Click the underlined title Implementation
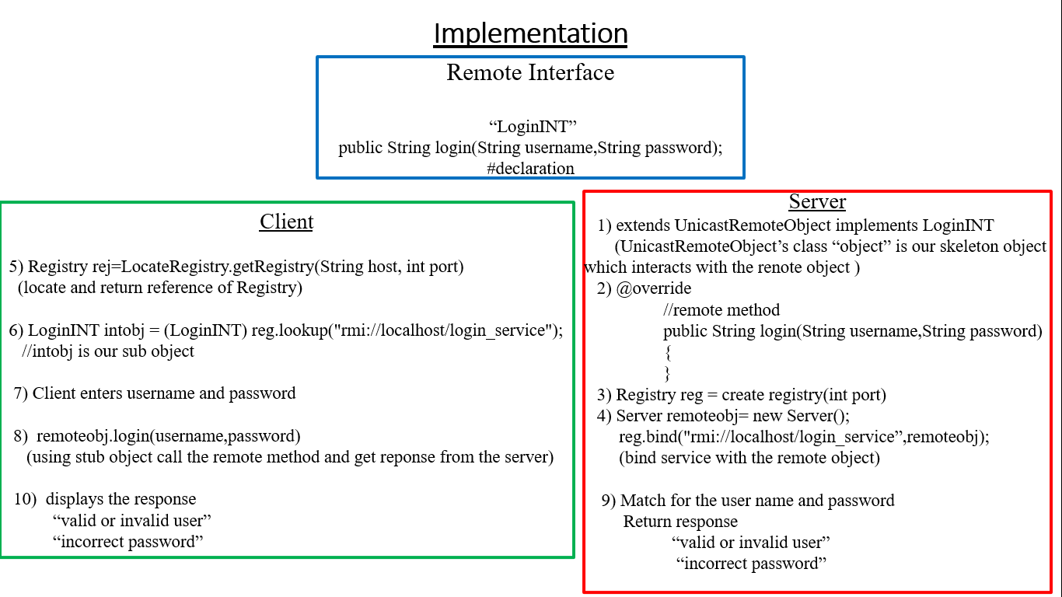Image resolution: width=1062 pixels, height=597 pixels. [x=530, y=33]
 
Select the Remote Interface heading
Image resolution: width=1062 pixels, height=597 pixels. [x=530, y=73]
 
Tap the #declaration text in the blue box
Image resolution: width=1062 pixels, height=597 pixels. [x=530, y=169]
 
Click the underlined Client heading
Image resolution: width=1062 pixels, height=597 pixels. [x=286, y=222]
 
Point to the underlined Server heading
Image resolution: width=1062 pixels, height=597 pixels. [x=817, y=202]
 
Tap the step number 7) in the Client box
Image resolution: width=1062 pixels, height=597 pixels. [x=21, y=393]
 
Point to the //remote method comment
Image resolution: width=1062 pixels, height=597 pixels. [x=721, y=309]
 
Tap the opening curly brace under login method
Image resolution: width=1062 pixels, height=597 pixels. [x=667, y=352]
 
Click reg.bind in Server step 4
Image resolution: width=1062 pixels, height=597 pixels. [x=648, y=437]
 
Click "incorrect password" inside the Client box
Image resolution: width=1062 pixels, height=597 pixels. [x=128, y=542]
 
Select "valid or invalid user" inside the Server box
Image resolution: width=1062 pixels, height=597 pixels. [x=751, y=542]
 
